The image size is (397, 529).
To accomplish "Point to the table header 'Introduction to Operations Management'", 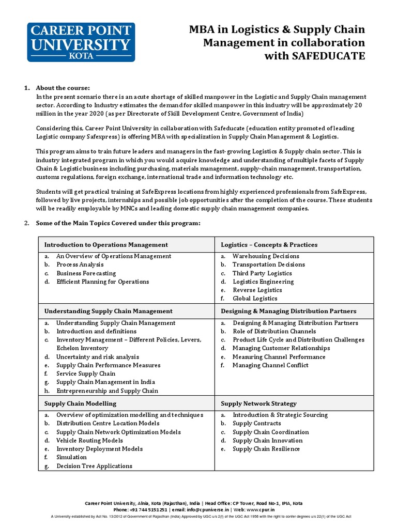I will [x=106, y=244].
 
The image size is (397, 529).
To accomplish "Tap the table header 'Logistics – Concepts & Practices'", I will [x=269, y=244].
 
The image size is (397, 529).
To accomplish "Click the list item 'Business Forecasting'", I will [x=86, y=273].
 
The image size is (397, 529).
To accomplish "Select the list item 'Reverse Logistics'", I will [x=257, y=290].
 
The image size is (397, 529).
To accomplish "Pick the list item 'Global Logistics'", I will [x=255, y=298].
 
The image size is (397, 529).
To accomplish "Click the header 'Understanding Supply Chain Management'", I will [x=108, y=311].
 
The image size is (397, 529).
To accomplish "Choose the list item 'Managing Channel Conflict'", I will [x=270, y=365].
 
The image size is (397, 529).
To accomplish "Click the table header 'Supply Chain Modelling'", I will [x=80, y=403].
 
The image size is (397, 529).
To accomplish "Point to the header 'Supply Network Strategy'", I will [x=258, y=403].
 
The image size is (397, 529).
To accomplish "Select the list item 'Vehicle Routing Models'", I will [x=89, y=440].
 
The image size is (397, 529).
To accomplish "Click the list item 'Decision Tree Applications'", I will [x=94, y=466].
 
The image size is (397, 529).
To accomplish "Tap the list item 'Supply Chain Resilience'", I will [x=266, y=449].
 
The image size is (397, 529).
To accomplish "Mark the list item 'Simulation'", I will [x=71, y=457].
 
